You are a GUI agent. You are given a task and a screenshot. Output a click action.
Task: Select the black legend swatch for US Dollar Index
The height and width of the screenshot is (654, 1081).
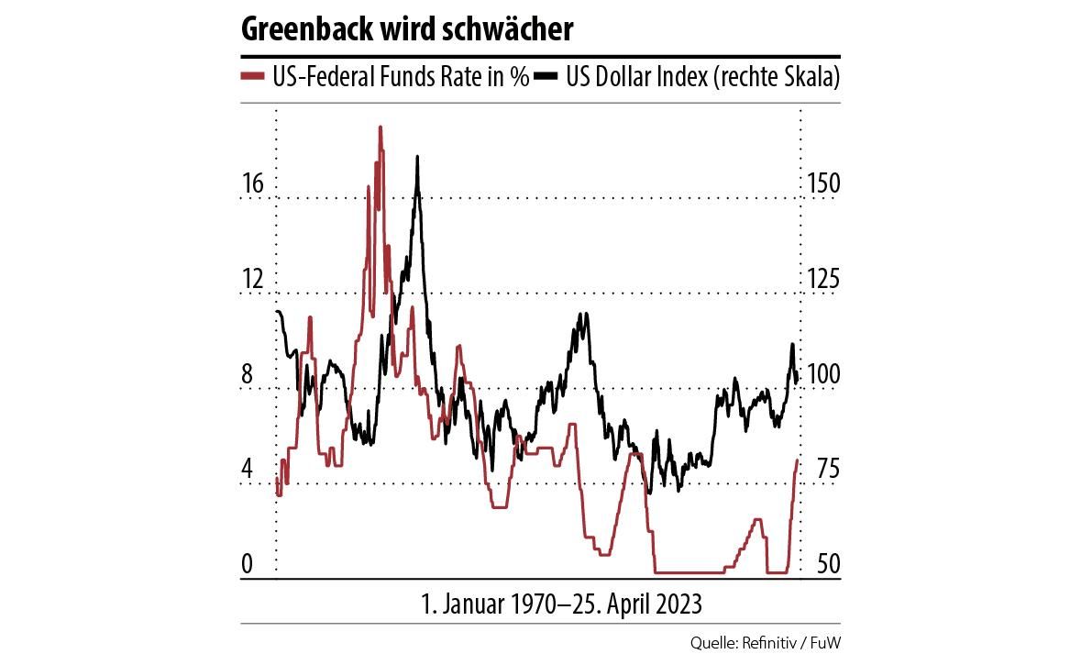pyautogui.click(x=546, y=77)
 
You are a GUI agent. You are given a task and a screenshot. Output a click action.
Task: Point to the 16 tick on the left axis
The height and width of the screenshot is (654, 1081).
pyautogui.click(x=252, y=184)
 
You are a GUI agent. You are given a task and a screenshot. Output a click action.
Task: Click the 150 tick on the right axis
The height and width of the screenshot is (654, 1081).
pyautogui.click(x=822, y=184)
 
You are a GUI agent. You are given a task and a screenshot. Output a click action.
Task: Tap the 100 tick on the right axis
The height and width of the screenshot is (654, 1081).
pyautogui.click(x=822, y=375)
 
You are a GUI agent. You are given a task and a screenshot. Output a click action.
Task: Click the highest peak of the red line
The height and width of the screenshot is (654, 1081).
pyautogui.click(x=380, y=127)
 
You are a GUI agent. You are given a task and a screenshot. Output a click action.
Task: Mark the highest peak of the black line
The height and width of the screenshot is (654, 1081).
pyautogui.click(x=417, y=158)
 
